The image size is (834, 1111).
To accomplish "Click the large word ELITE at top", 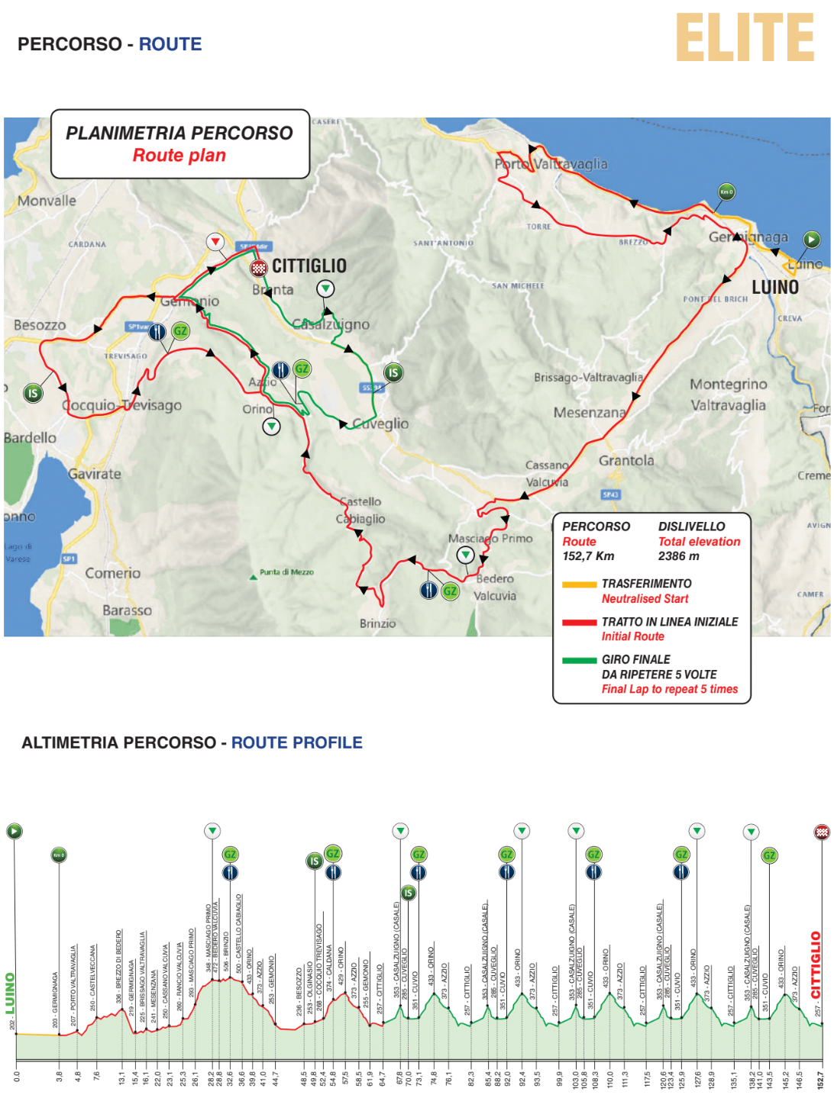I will pos(745,38).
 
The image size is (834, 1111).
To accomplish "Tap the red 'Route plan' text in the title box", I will pos(179,156).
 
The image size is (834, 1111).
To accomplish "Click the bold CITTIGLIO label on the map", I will pos(309,266).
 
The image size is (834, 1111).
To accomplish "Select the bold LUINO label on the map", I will pos(775,288).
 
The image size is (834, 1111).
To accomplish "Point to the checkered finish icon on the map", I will pos(259,268).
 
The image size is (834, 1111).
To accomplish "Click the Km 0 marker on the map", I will pos(726,192).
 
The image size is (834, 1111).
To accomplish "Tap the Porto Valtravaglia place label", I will pos(551,164).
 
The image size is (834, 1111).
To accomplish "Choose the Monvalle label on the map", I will pos(47,201).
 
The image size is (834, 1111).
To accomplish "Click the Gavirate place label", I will pos(95,474).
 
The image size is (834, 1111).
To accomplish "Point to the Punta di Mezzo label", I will pos(286,572).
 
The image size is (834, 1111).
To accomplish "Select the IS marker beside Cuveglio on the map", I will pos(393,372).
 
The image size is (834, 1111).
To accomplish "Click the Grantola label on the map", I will pos(626,461).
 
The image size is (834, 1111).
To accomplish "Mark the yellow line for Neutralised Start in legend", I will pos(579,585).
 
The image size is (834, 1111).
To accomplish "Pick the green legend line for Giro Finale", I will pos(579,661).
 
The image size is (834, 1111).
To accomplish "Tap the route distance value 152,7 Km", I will pos(589,556).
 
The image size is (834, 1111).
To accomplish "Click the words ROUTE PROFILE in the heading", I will pos(296,743).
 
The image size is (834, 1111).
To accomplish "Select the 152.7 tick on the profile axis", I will pos(821,1080).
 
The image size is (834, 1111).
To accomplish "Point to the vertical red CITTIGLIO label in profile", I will pos(816,964).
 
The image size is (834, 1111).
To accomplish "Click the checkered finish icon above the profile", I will pos(822,832).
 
